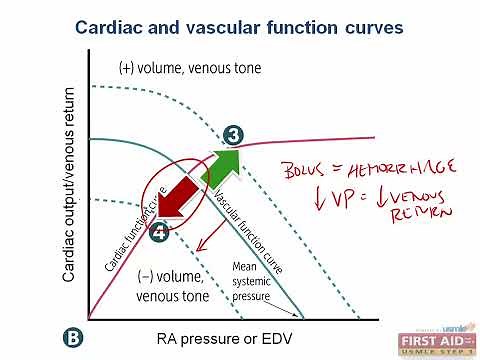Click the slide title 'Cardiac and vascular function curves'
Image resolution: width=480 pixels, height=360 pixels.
240,27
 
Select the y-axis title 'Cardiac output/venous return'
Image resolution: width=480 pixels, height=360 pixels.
69,186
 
